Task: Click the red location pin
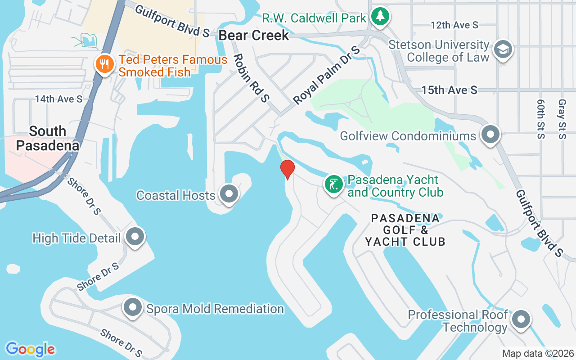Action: click(287, 169)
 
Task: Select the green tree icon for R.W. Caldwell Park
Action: click(380, 17)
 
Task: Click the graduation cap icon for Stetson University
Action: click(503, 49)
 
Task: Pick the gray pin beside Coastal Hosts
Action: click(229, 194)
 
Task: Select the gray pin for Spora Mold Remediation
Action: click(133, 308)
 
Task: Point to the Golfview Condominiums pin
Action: click(490, 135)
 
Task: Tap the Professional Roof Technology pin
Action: click(521, 319)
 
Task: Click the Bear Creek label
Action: click(254, 36)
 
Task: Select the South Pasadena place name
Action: click(48, 138)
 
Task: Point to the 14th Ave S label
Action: click(59, 99)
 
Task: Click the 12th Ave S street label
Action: click(454, 25)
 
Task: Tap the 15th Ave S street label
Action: click(449, 90)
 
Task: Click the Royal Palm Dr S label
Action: click(327, 75)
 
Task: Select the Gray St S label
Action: click(562, 119)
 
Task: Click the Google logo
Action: click(30, 349)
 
